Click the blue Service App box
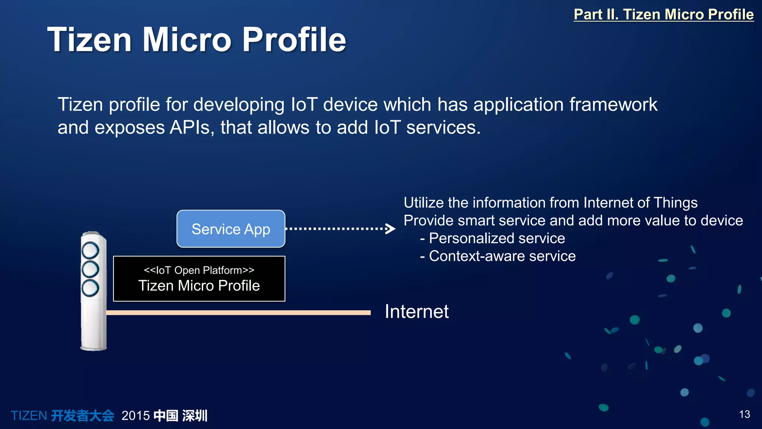click(x=231, y=229)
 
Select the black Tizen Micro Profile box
click(x=199, y=279)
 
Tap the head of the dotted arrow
click(x=391, y=229)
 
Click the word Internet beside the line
click(x=416, y=311)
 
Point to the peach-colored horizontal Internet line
click(x=238, y=313)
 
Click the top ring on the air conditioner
click(x=90, y=251)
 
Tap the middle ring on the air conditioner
click(x=90, y=269)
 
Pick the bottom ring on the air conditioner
click(x=90, y=288)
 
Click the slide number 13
click(x=744, y=414)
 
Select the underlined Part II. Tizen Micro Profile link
click(x=663, y=15)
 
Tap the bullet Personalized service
click(x=497, y=238)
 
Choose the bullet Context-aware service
click(x=502, y=256)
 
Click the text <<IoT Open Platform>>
click(x=199, y=270)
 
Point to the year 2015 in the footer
click(x=135, y=416)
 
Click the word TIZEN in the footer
click(x=29, y=416)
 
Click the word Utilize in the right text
click(x=424, y=203)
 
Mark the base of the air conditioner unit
click(x=94, y=347)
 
